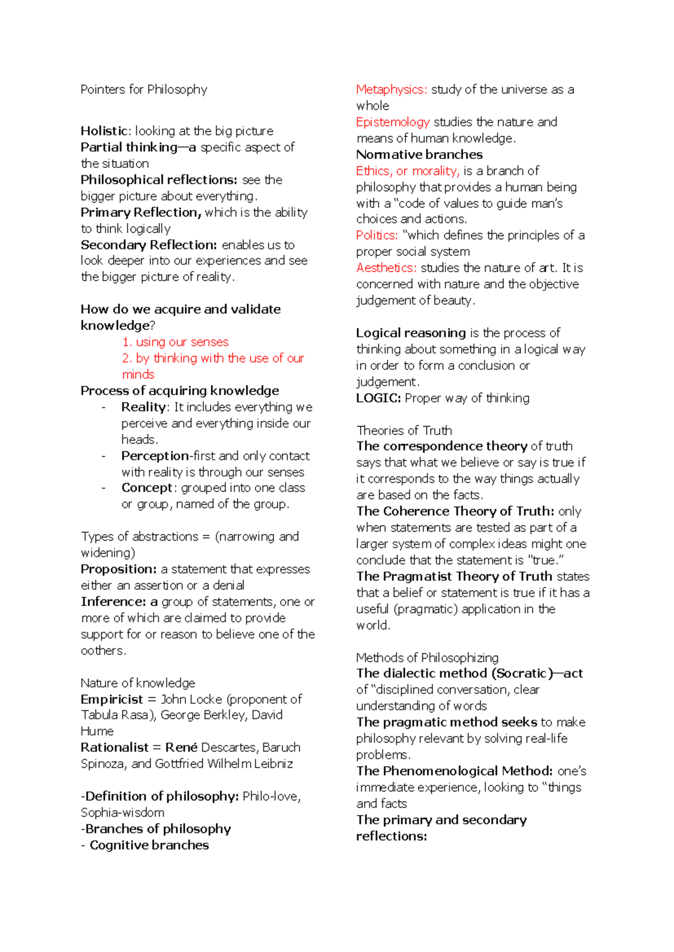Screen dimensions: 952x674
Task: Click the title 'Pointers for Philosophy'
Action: coord(144,90)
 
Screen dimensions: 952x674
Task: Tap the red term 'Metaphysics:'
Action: coord(391,90)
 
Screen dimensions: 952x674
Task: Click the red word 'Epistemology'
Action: coord(393,122)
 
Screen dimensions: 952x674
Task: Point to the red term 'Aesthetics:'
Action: coord(386,268)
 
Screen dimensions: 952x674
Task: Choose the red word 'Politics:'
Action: coord(377,236)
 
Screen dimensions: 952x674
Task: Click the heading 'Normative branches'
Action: coord(419,155)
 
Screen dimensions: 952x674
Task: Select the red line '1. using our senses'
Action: coord(175,342)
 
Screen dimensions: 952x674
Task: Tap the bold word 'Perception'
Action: coord(155,456)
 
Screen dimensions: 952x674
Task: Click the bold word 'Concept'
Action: coord(147,488)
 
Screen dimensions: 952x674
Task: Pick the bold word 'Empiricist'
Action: coord(112,699)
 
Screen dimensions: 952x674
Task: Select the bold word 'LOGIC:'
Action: coord(378,399)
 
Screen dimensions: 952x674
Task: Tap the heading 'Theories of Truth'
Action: coord(404,431)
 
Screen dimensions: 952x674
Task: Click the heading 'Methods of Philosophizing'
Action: coord(427,657)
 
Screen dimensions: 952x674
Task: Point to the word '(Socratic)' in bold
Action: coord(519,674)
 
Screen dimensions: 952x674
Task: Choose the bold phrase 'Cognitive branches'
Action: coord(149,845)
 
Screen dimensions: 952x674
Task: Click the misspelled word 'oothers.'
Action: coord(103,651)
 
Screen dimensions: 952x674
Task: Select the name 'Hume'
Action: coord(97,731)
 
